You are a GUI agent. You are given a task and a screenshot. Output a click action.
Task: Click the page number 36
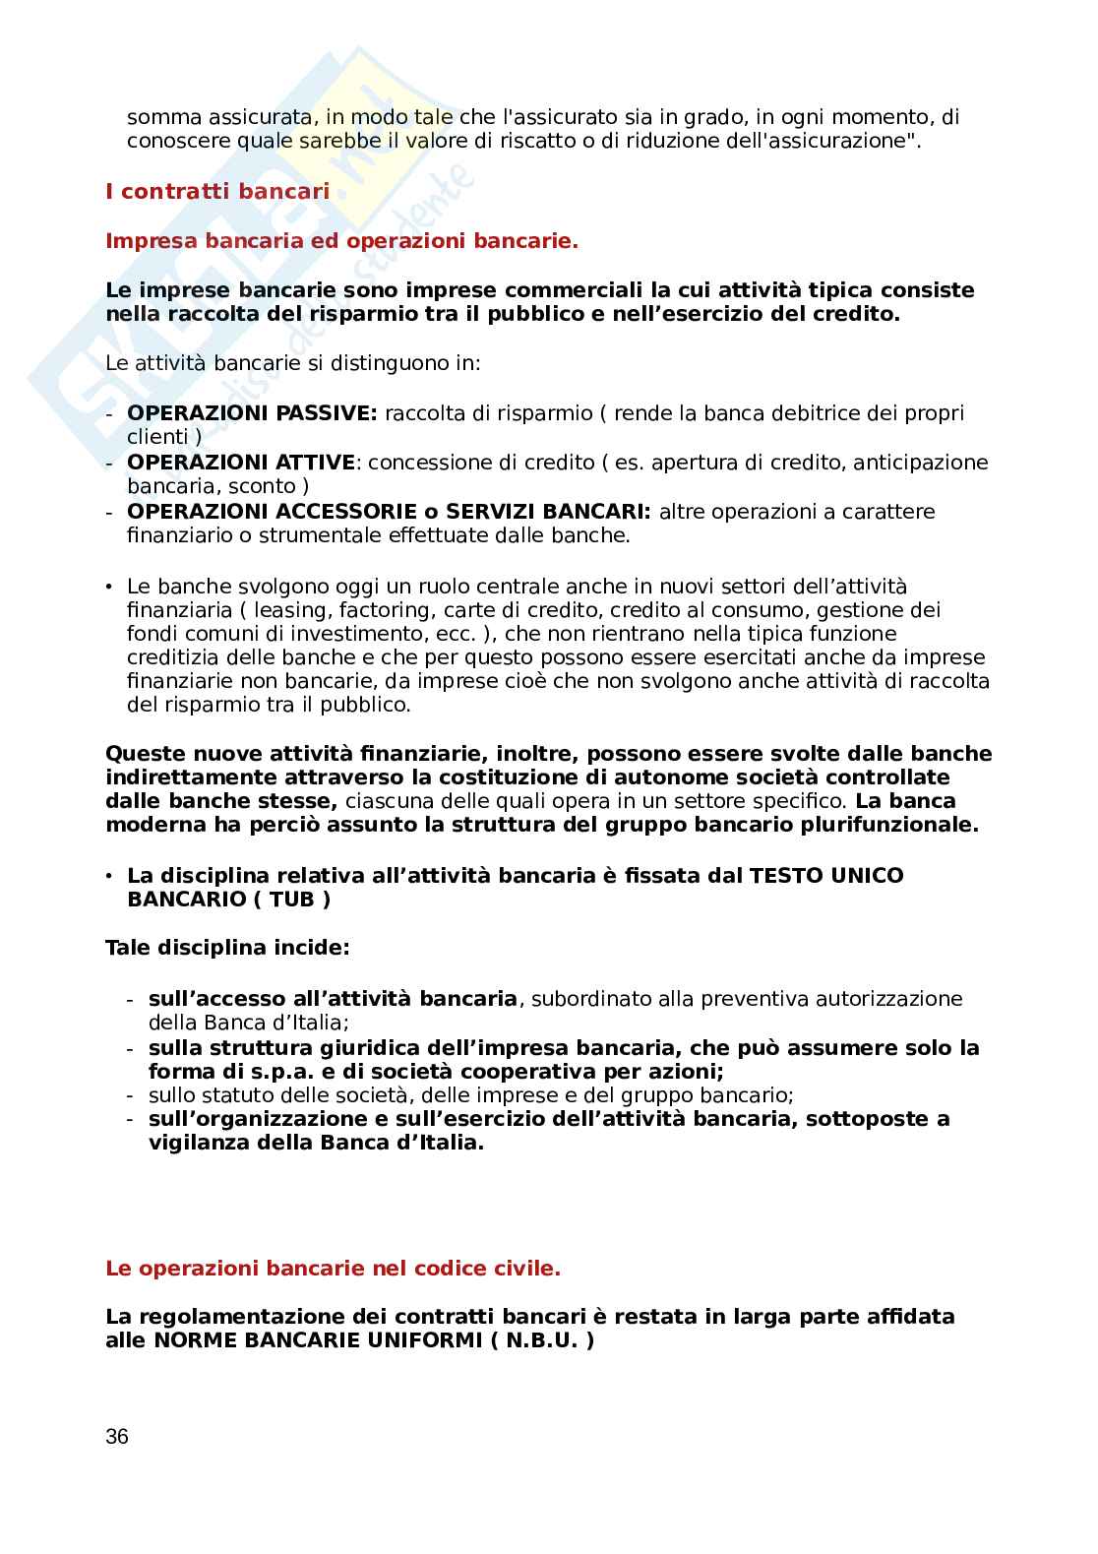[x=117, y=1437]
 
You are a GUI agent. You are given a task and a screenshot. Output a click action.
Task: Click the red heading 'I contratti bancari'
[x=217, y=192]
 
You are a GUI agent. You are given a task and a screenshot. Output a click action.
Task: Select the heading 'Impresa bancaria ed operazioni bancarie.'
[x=341, y=241]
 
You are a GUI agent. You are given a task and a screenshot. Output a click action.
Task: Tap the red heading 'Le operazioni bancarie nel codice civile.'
[x=333, y=1269]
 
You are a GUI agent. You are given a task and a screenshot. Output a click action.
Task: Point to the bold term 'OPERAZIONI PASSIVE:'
[x=252, y=413]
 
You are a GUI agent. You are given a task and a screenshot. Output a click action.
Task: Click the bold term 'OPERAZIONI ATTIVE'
[x=241, y=463]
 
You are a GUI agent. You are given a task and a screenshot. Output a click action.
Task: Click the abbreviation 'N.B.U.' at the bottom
[x=541, y=1340]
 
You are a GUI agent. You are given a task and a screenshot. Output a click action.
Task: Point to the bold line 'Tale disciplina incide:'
[x=227, y=949]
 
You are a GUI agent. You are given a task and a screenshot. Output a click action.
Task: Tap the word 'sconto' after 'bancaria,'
[x=268, y=486]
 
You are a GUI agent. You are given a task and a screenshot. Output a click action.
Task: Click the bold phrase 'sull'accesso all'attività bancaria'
[x=333, y=999]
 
